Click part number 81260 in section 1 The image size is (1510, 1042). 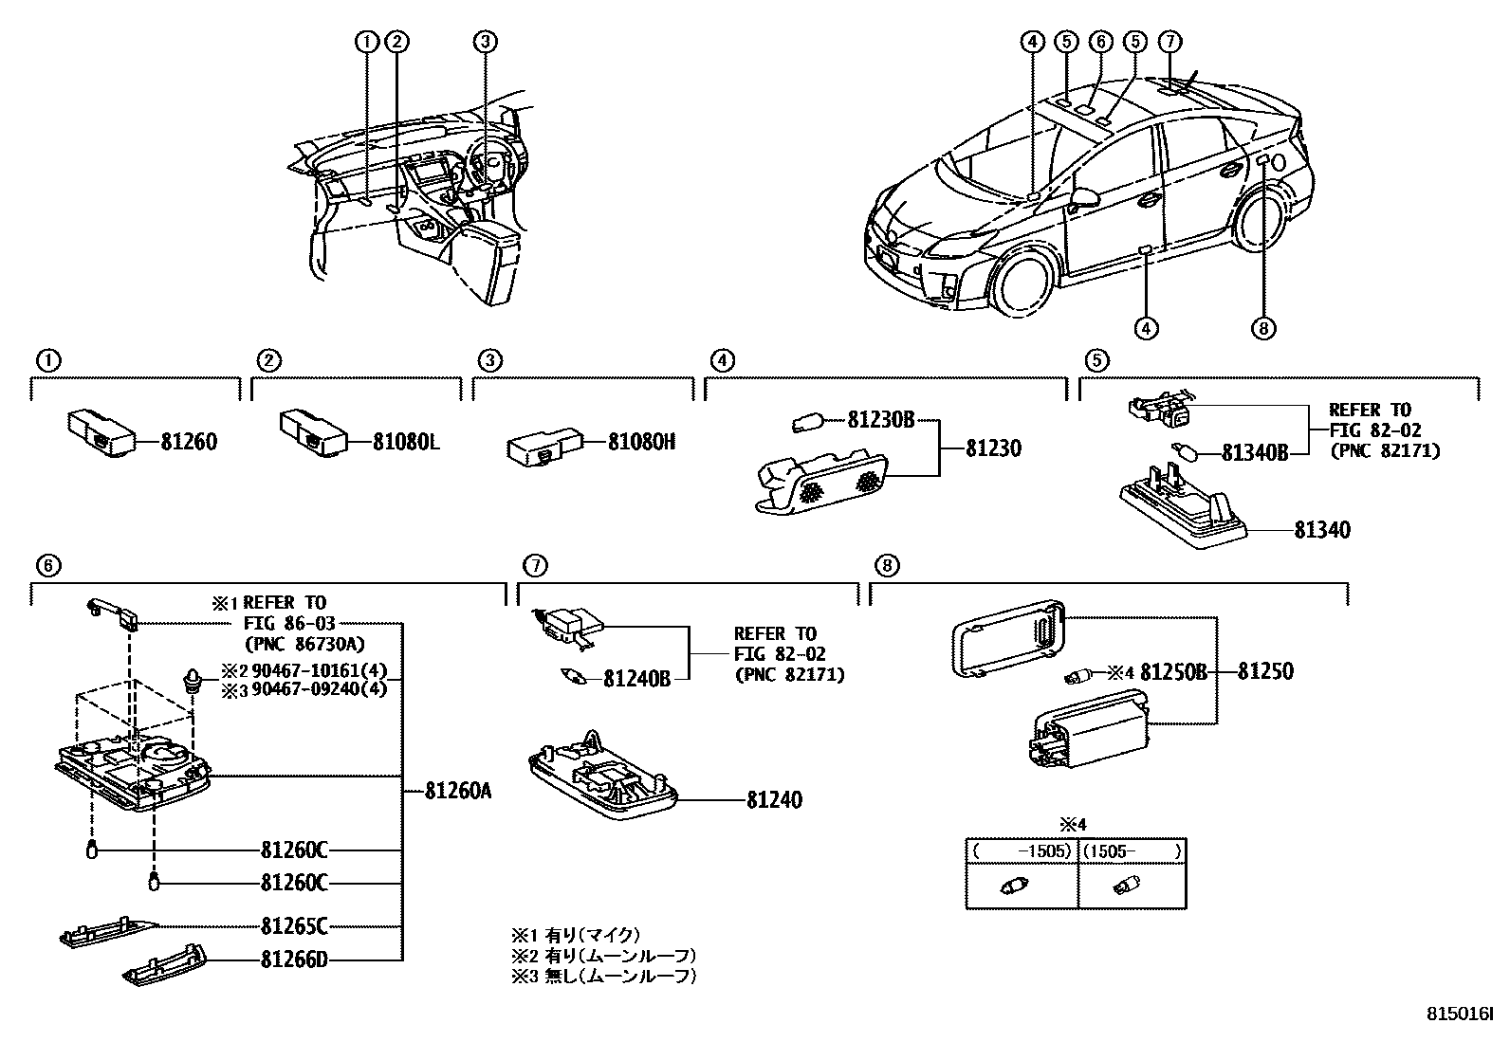189,442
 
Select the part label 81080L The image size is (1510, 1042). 405,442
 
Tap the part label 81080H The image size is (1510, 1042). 641,442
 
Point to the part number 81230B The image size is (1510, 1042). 880,419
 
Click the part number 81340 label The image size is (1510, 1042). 1321,530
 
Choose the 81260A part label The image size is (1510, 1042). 458,790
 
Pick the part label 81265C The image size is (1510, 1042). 294,925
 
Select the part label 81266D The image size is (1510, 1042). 294,960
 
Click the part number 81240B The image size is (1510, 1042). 637,679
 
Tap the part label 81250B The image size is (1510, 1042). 1173,672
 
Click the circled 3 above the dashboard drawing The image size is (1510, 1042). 485,41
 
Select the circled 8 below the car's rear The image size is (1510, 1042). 1262,328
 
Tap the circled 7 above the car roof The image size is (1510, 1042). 1169,41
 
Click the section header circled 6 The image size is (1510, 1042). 47,565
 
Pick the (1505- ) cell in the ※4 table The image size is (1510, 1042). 1132,851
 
